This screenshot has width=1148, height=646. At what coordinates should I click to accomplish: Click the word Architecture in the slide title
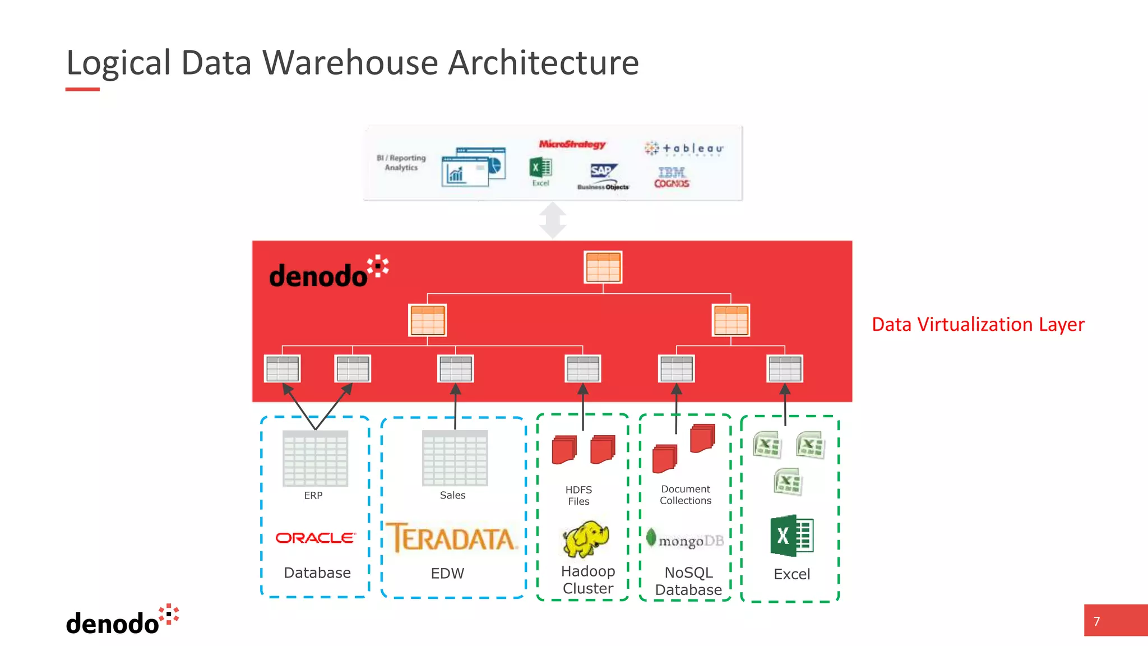pos(543,62)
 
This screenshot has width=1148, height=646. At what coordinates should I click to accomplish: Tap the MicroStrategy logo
pos(572,144)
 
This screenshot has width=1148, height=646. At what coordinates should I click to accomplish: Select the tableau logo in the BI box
pos(684,149)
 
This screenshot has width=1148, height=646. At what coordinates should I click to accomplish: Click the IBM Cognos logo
pos(672,177)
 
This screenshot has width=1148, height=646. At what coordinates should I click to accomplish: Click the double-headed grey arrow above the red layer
pos(553,220)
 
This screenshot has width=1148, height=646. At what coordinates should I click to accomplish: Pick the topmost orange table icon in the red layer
pos(603,267)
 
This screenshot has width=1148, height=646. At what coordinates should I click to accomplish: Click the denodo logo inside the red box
pos(328,273)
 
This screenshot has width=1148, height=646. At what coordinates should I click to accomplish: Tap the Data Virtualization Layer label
pos(978,324)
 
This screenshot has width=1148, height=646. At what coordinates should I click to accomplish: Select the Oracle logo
pos(316,538)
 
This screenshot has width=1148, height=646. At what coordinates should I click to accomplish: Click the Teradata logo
pos(451,538)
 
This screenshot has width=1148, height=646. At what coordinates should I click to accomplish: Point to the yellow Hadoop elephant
pos(586,538)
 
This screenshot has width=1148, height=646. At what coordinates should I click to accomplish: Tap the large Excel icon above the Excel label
pos(791,536)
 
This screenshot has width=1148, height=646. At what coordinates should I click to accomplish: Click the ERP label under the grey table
pos(313,496)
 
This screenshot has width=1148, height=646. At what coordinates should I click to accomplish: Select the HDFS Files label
pos(578,496)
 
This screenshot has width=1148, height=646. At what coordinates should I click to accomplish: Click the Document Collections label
pos(685,495)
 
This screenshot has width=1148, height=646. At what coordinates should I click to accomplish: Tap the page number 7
pos(1096,621)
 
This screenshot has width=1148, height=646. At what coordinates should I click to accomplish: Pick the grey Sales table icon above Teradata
pos(455,458)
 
